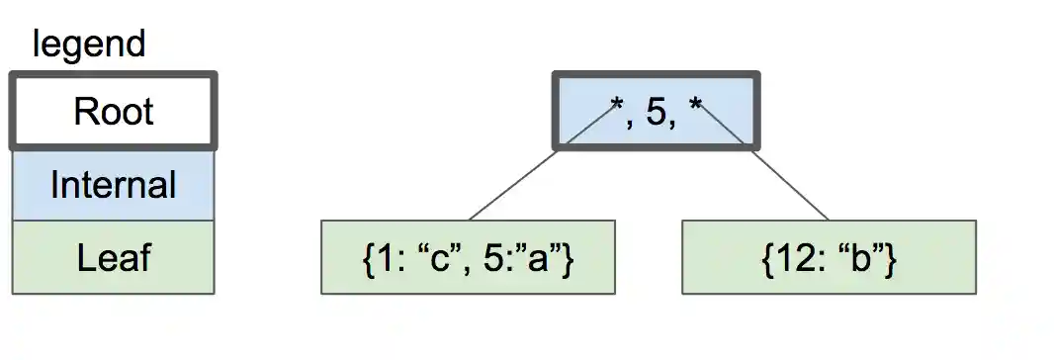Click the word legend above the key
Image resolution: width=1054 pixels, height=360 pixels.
89,45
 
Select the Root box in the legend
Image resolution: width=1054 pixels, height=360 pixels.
113,111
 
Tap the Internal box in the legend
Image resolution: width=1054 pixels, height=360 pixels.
113,185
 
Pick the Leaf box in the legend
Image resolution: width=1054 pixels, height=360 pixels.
113,258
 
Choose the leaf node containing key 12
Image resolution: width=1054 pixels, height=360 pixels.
829,257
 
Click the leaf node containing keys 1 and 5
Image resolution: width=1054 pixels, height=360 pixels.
468,257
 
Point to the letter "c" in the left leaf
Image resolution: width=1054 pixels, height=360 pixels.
443,259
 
